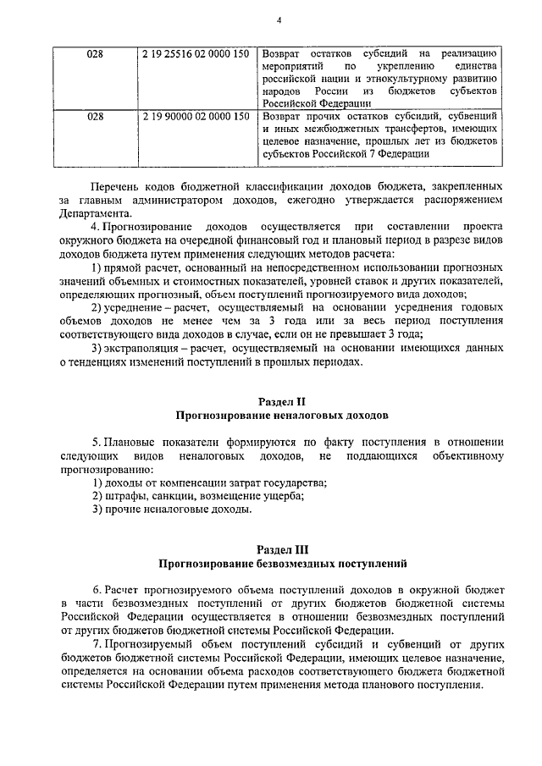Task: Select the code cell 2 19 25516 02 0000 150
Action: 197,54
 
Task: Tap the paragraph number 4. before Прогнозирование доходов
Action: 95,228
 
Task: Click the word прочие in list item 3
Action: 124,510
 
